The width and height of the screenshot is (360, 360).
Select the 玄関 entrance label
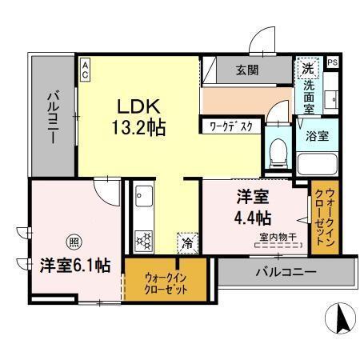point(246,70)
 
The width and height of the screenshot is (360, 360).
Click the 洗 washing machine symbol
point(307,67)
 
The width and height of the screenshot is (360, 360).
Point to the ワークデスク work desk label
point(231,126)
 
